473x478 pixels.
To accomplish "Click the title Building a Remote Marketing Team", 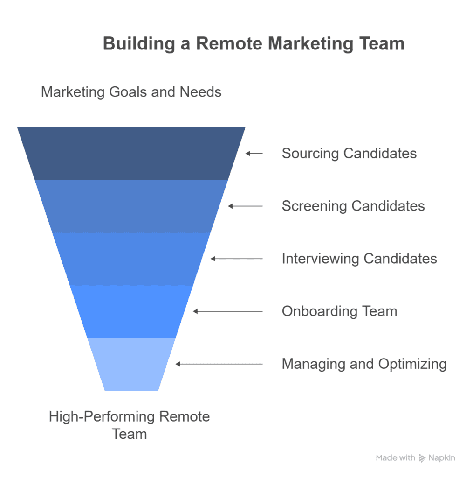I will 254,43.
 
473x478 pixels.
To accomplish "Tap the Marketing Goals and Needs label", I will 131,91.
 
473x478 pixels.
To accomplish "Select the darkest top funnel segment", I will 131,153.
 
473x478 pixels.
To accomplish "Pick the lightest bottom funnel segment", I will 131,364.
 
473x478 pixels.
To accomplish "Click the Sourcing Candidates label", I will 349,153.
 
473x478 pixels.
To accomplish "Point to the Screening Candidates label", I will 353,206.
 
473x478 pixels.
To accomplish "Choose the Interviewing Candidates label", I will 359,259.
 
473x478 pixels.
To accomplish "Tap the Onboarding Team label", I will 339,311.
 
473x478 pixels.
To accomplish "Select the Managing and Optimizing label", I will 364,364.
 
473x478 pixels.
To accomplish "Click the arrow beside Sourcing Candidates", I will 254,153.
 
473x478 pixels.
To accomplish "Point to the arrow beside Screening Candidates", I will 245,206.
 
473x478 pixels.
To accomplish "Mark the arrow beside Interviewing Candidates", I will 236,259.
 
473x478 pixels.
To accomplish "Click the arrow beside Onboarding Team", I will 228,311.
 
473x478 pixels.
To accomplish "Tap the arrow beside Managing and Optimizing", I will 219,364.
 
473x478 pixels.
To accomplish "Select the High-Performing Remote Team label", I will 130,425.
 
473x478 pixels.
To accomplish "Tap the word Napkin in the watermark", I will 442,458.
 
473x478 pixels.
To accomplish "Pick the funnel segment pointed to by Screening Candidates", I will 131,206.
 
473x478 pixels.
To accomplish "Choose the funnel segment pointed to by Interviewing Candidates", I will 131,259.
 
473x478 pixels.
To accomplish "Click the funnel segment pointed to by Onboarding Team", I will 131,311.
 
